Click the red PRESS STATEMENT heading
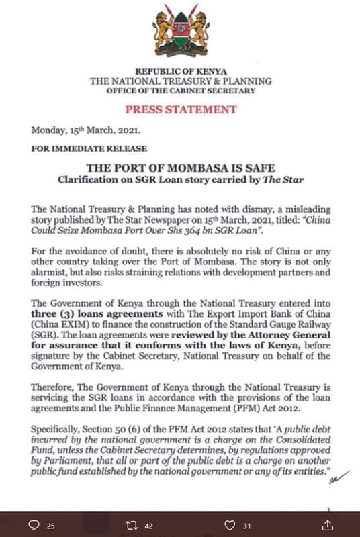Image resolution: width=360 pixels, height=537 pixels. (181, 109)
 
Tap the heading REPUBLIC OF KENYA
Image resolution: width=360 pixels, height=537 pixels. (181, 71)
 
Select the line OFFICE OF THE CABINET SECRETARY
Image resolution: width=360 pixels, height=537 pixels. (181, 91)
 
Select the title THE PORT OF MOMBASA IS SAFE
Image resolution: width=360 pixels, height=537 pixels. (181, 168)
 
